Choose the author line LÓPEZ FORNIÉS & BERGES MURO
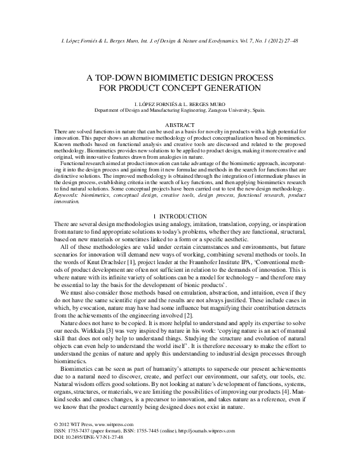click(180, 103)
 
